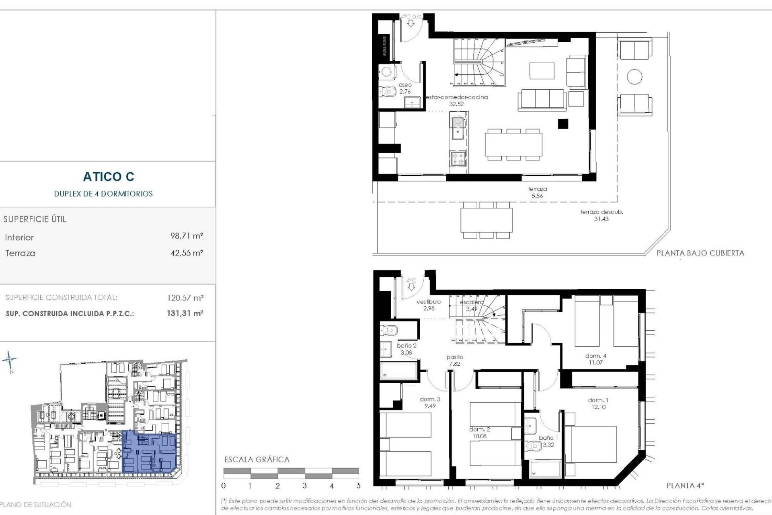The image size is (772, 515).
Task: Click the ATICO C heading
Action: pos(109,177)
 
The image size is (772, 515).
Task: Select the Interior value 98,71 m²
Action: pos(187,236)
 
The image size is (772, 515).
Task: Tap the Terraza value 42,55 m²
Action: pos(187,253)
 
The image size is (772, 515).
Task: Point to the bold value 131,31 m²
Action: pos(185,313)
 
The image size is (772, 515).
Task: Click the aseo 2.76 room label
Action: pos(405,89)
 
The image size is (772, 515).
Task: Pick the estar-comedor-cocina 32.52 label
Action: pos(456,101)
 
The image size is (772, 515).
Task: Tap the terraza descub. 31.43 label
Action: pos(601,215)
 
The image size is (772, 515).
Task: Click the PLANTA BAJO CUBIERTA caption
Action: pos(700,253)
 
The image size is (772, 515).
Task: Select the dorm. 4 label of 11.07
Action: pos(595,359)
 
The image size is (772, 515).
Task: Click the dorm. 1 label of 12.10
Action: pos(598,404)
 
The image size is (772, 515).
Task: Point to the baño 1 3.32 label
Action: pos(548,441)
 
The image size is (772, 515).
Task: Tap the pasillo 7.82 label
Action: pos(454,360)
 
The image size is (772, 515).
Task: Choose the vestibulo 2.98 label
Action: pos(429,305)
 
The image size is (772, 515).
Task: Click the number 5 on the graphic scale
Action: pos(358,486)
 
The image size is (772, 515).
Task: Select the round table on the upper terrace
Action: pos(634,76)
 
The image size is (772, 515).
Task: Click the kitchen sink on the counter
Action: pos(457,128)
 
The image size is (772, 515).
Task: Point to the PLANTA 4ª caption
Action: pos(685,486)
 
